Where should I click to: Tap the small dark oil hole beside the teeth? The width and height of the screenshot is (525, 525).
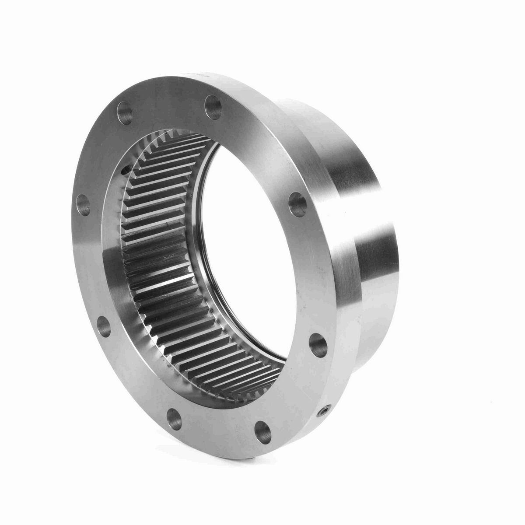coord(126,167)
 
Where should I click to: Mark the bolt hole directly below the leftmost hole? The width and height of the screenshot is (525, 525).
coord(103,324)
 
